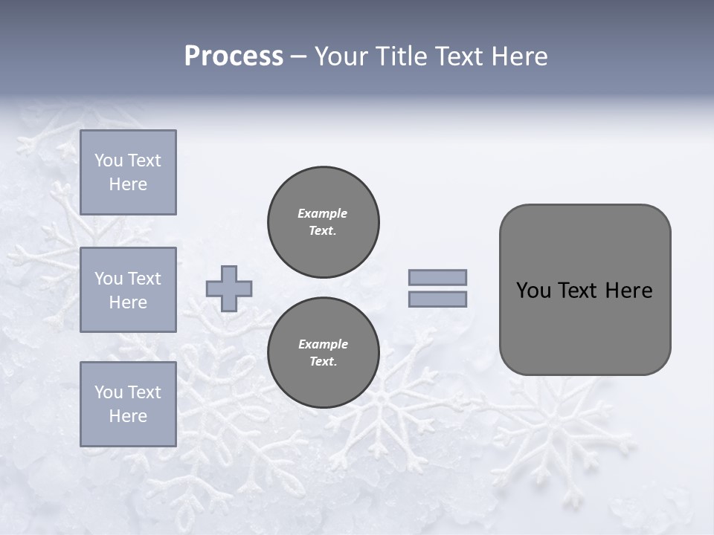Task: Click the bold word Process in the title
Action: pos(234,56)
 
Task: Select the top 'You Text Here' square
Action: pos(128,172)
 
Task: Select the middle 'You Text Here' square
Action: pos(128,290)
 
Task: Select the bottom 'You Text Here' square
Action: pos(128,403)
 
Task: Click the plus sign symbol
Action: pos(229,288)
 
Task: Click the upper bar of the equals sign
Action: pos(437,277)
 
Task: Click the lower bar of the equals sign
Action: pos(437,299)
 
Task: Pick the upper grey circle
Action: pos(323,222)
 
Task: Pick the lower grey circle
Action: pos(323,352)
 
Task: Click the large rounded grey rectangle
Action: pos(585,290)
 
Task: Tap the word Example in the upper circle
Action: pos(323,213)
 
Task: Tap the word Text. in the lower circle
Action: pos(323,362)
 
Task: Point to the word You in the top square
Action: pos(109,160)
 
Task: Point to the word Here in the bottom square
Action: pos(128,416)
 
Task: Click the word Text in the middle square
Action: pos(144,279)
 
